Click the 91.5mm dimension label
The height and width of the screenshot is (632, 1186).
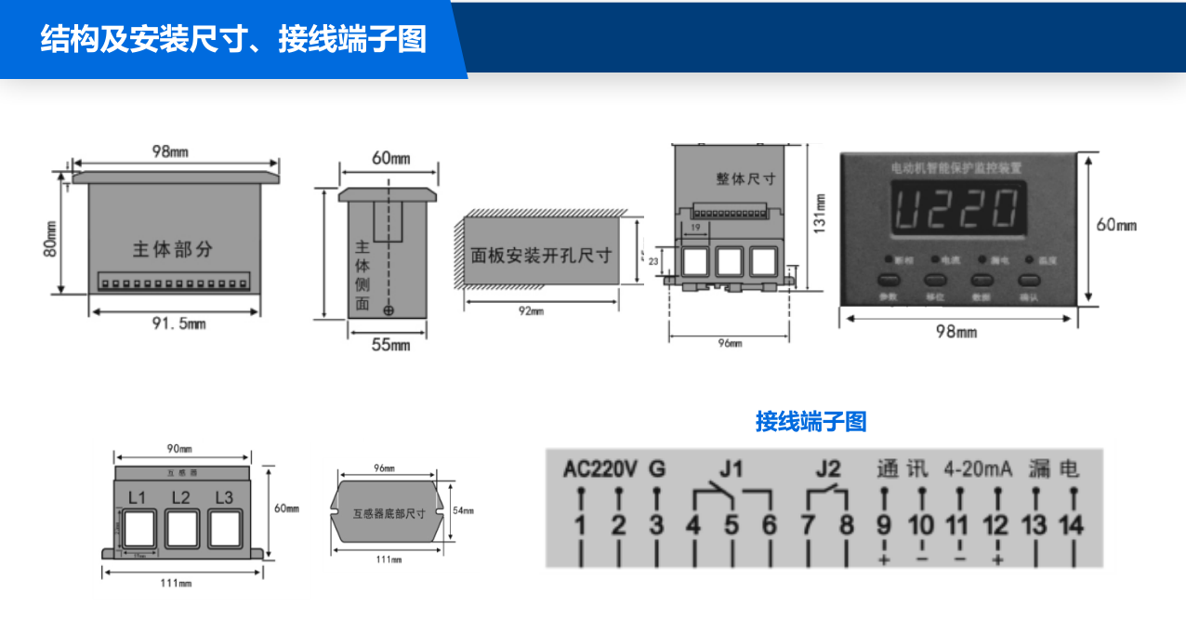click(x=178, y=323)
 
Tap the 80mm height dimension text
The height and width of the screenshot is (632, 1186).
click(x=51, y=238)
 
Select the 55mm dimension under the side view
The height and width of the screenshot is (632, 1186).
click(x=390, y=345)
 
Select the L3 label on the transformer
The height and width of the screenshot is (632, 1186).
click(x=224, y=497)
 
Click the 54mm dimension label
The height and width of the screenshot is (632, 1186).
click(x=462, y=510)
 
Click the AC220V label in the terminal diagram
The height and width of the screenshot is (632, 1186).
click(x=600, y=468)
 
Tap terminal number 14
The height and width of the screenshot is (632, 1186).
click(x=1072, y=526)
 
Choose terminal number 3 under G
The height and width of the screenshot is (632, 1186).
click(x=656, y=526)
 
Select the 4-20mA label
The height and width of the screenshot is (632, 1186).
click(x=978, y=468)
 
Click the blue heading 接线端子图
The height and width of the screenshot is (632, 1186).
click(x=810, y=422)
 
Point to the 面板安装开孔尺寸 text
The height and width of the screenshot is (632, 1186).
click(x=541, y=255)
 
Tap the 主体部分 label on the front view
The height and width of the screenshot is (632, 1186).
click(x=173, y=249)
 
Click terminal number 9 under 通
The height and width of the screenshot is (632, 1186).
click(x=884, y=526)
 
